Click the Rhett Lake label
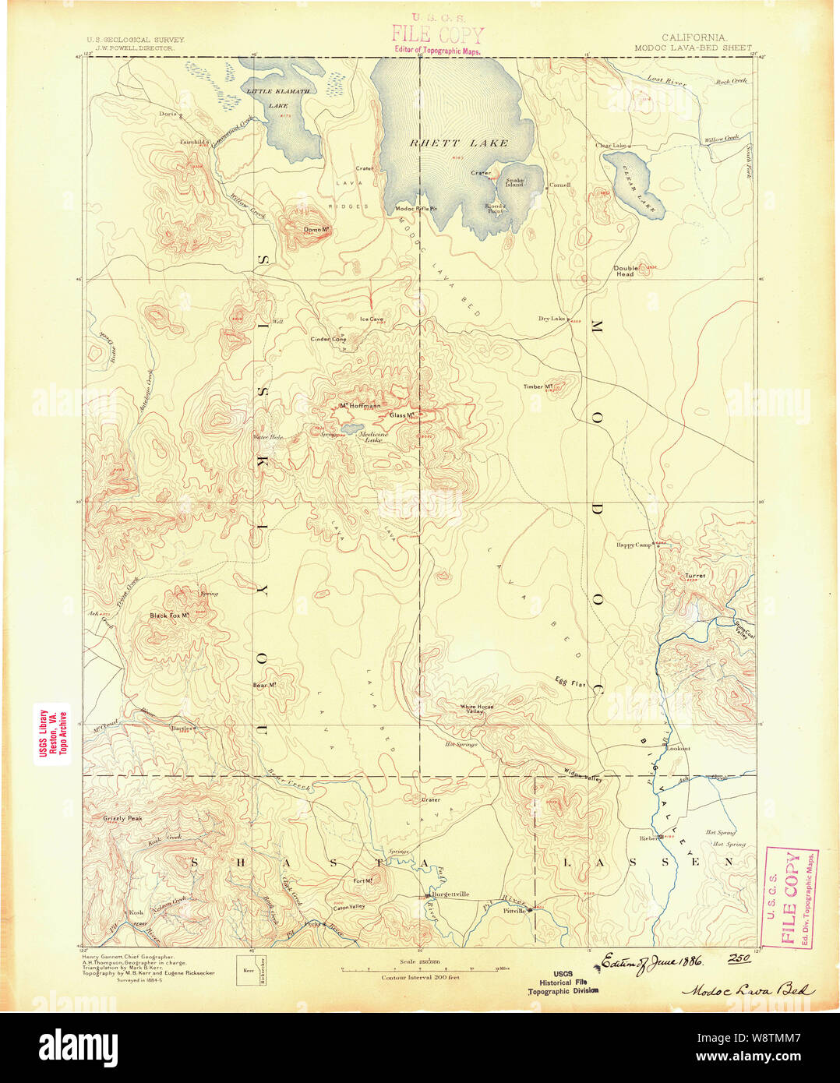tap(459, 143)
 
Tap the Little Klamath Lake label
tap(278, 97)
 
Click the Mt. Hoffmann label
tap(360, 406)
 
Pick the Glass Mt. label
tap(401, 415)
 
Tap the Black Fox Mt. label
tap(170, 616)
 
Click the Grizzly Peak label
tap(122, 819)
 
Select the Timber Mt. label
tap(538, 386)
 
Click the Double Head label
tap(625, 271)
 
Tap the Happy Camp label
tap(634, 545)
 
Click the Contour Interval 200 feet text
tap(420, 977)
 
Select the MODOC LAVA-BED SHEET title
tap(693, 48)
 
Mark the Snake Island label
tap(514, 182)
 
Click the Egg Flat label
tap(570, 683)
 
